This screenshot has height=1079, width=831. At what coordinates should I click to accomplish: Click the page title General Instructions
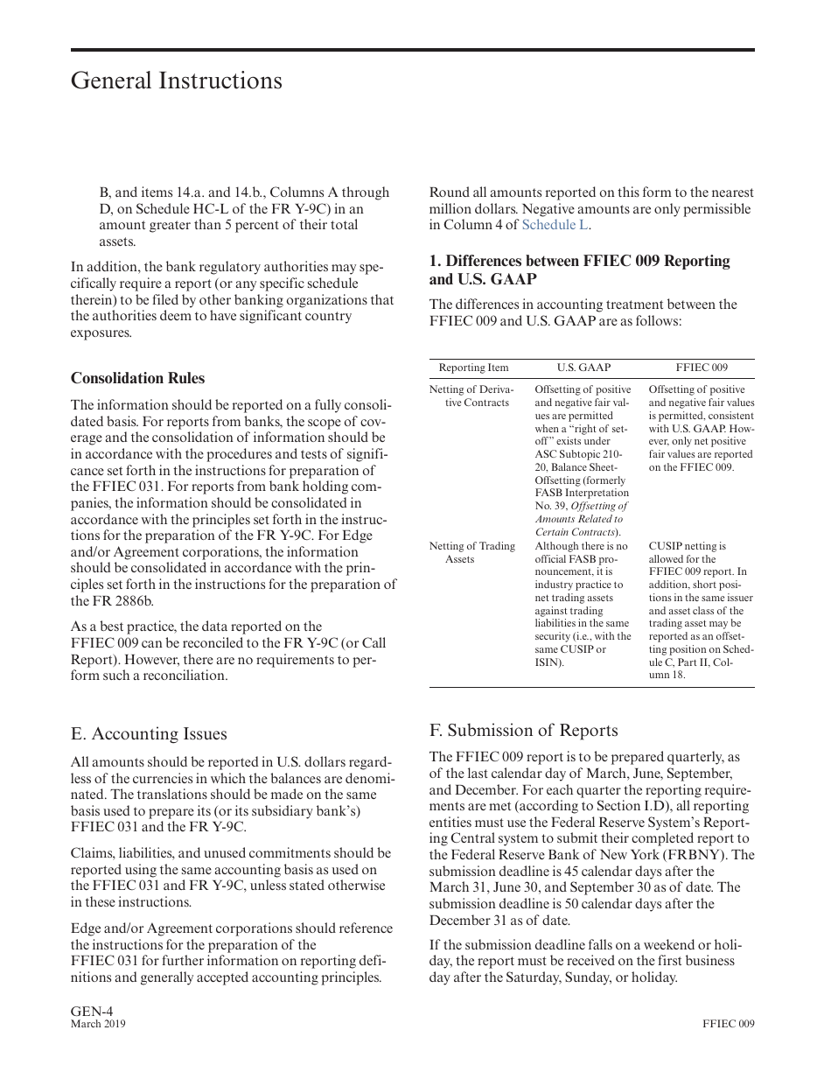pos(176,81)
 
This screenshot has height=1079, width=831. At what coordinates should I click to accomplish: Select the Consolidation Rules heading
pos(137,378)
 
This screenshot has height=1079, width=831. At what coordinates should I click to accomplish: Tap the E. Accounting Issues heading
pos(149,733)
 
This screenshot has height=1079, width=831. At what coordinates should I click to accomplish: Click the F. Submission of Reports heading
pos(523,730)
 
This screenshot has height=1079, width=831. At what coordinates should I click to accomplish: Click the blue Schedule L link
pos(555,225)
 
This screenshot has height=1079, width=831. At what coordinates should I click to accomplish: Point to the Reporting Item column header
pos(473,368)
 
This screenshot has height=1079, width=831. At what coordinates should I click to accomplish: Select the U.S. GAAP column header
pos(583,368)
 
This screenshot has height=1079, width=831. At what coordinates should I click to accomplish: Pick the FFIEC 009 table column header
pos(701,368)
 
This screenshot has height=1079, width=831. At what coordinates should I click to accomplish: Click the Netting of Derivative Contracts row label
pos(471,396)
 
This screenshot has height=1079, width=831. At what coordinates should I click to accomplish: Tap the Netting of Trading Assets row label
pos(471,552)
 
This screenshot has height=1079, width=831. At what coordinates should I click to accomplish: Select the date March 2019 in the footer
pos(98,1024)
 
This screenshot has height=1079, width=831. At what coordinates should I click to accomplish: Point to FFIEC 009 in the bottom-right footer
pos(728,1024)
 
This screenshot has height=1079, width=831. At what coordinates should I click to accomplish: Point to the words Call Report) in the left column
pos(359,643)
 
